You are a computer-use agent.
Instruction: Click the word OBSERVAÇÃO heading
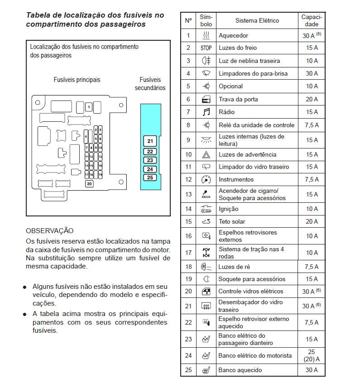pos(50,230)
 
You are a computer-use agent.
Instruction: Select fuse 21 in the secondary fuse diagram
pos(150,140)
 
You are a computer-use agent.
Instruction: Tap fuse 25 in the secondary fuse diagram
pos(150,177)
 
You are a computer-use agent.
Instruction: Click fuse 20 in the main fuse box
pos(89,184)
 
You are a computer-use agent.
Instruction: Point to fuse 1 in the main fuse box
pos(89,107)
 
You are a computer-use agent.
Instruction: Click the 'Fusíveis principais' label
pos(77,80)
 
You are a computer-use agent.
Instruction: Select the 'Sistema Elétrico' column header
pos(257,20)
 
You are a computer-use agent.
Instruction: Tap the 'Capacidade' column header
pos(312,20)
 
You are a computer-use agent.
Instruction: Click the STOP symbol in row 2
pos(206,48)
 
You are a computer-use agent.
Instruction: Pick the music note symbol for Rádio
pos(206,112)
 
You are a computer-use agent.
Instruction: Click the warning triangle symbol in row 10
pos(206,154)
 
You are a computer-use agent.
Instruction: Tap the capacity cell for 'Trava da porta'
pos(312,99)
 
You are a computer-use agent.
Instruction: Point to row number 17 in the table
pos(188,252)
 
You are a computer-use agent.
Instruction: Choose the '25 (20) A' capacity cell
pos(312,355)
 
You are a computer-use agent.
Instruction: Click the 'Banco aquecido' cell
pos(240,370)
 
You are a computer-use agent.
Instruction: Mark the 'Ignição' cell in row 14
pos(228,209)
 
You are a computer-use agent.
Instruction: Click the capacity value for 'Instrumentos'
pos(312,179)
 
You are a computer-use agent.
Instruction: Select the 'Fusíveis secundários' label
pos(150,84)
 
